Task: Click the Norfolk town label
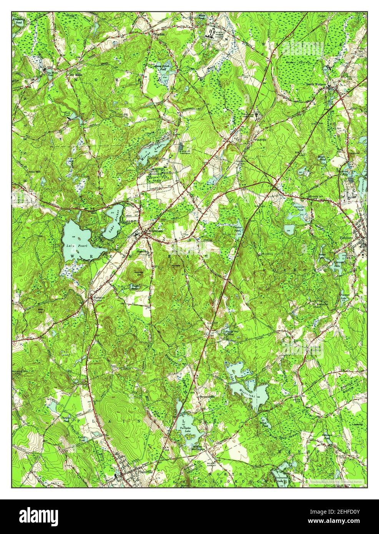pyautogui.click(x=159, y=34)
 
